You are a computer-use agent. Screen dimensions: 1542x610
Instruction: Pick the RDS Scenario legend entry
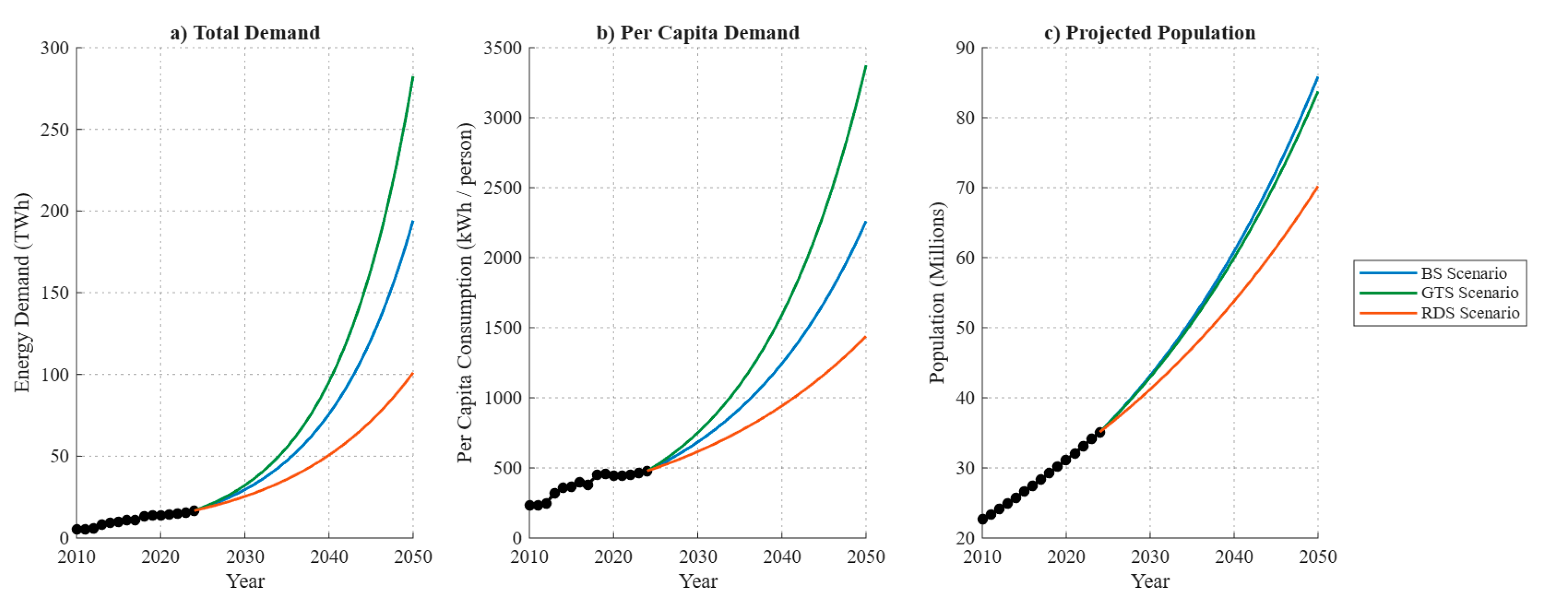(1440, 313)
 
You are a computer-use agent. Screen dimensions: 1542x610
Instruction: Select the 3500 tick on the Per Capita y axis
(502, 48)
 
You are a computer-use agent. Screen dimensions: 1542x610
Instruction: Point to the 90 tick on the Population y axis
(965, 48)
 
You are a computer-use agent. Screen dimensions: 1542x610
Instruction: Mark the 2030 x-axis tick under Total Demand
(245, 557)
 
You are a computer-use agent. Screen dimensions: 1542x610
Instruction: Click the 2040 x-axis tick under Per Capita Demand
(782, 557)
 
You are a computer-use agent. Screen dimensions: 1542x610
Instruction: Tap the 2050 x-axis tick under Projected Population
(1317, 557)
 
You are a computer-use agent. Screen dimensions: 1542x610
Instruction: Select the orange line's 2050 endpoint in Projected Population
(1317, 187)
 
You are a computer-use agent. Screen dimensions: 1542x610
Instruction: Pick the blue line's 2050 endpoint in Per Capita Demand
(866, 222)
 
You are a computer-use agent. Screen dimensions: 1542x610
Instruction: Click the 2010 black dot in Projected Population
(982, 519)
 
